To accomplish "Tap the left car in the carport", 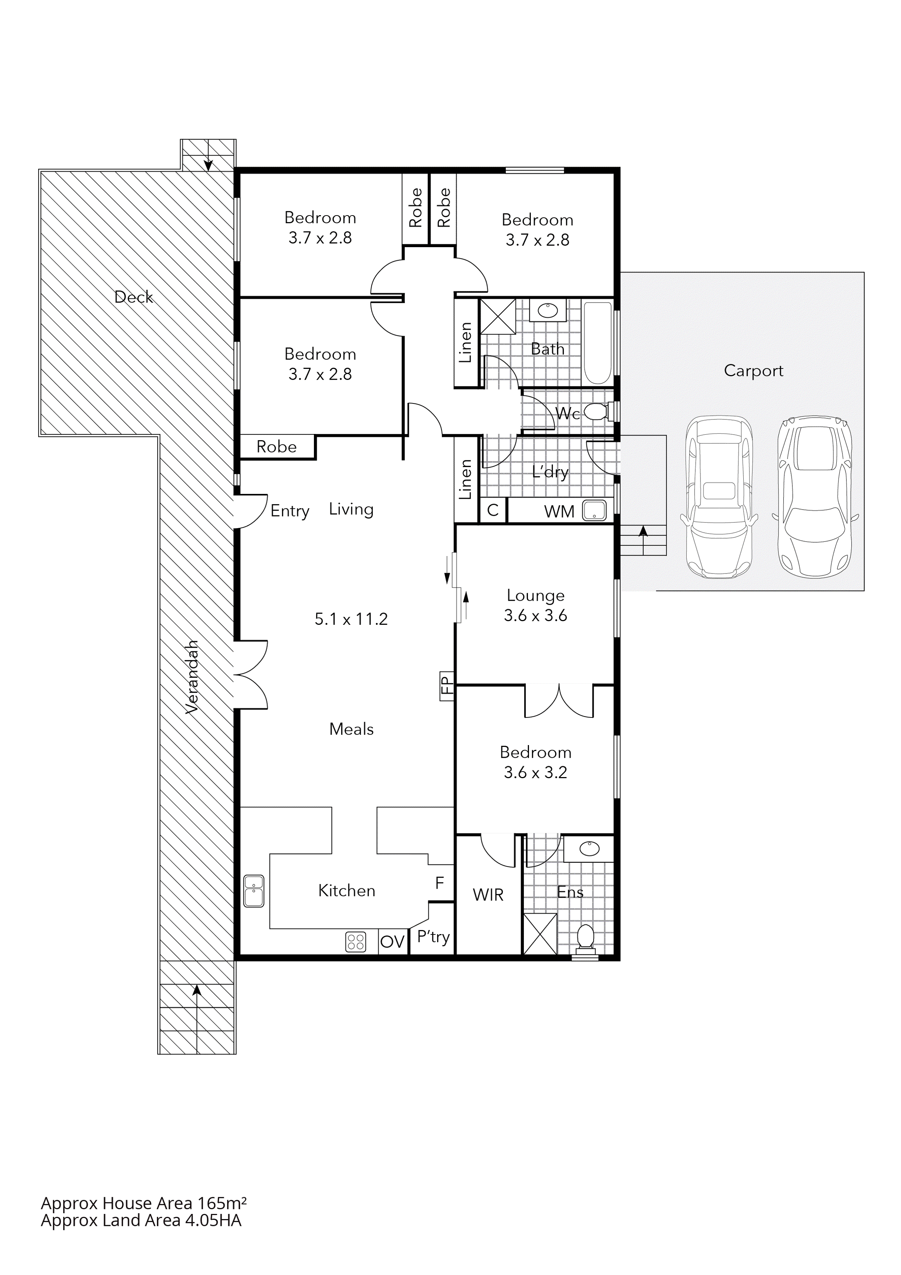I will tap(719, 497).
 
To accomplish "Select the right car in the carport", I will tap(815, 497).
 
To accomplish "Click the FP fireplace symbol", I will tap(447, 686).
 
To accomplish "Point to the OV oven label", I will tap(392, 942).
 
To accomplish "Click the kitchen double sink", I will tap(254, 891).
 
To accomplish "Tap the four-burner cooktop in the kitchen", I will tap(356, 942).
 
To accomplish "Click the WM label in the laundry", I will tap(559, 511).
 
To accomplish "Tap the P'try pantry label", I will tap(433, 937).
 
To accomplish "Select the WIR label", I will tap(488, 895).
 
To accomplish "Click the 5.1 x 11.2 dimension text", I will tap(351, 619).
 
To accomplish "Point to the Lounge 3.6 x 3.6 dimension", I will tap(535, 615).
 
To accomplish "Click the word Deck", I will tap(133, 297).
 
